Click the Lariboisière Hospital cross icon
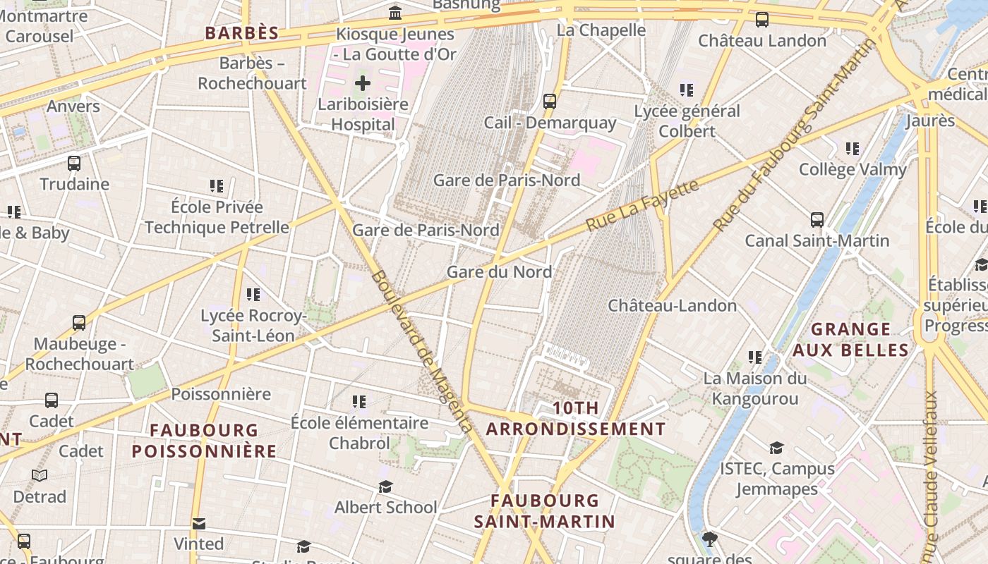pos(362,83)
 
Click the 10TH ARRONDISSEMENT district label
pos(575,419)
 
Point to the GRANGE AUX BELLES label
pos(850,340)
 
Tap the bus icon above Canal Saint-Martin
pos(817,219)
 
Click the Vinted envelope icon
pos(199,523)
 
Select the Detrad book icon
pos(40,476)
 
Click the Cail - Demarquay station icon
pos(550,102)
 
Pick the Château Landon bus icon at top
pos(762,20)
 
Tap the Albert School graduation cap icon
pos(385,486)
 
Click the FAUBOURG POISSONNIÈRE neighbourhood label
pos(204,441)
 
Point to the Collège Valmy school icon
pos(853,149)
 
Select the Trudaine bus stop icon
pos(74,164)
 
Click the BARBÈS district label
pos(242,33)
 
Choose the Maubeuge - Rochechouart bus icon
pos(79,323)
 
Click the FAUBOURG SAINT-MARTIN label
pos(544,511)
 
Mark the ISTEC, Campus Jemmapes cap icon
pos(776,448)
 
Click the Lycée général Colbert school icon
pos(686,90)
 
